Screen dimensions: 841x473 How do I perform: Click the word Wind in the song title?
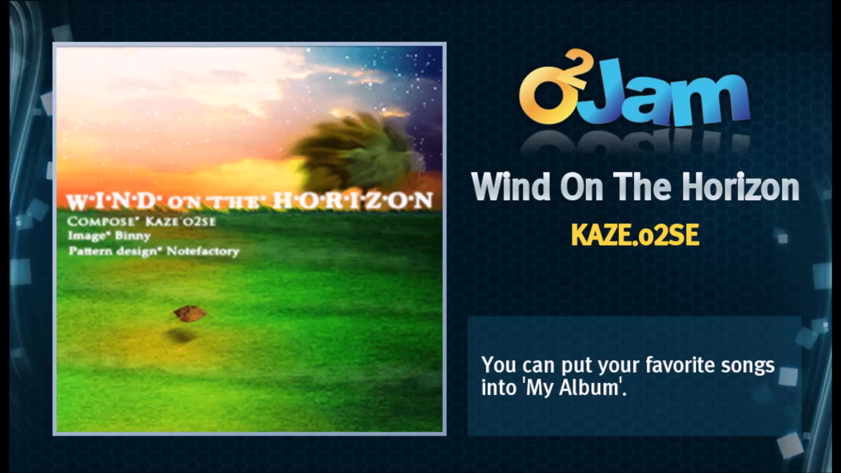click(511, 187)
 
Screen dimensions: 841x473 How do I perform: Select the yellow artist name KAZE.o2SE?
click(635, 235)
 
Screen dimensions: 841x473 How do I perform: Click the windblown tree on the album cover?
click(359, 153)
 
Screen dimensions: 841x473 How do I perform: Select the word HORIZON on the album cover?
click(353, 201)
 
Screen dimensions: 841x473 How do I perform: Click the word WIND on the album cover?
click(111, 201)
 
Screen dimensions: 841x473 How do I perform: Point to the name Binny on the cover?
click(133, 236)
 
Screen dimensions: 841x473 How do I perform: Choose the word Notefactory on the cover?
click(203, 251)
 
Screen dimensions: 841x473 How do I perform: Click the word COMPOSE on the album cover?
click(100, 221)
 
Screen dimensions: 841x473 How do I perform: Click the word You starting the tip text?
click(498, 365)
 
